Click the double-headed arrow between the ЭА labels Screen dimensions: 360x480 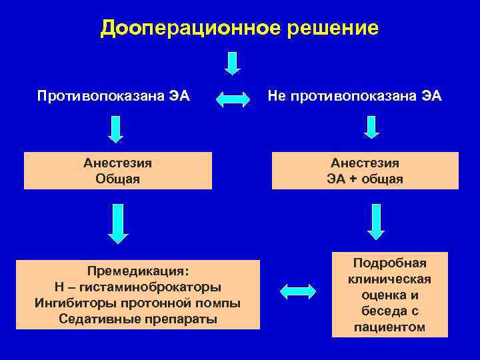pyautogui.click(x=234, y=99)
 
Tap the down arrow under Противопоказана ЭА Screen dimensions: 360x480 pyautogui.click(x=116, y=129)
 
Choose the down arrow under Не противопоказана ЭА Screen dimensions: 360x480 pyautogui.click(x=371, y=127)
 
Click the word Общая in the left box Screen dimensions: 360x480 pyautogui.click(x=117, y=179)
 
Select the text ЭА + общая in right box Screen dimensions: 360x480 pyautogui.click(x=365, y=179)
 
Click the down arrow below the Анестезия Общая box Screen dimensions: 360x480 pyautogui.click(x=118, y=224)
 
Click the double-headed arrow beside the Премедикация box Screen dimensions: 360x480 pyautogui.click(x=297, y=291)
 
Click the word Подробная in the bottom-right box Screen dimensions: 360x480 pyautogui.click(x=389, y=263)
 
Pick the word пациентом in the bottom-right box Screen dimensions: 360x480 pyautogui.click(x=389, y=327)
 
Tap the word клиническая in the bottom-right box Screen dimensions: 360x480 pyautogui.click(x=389, y=279)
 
